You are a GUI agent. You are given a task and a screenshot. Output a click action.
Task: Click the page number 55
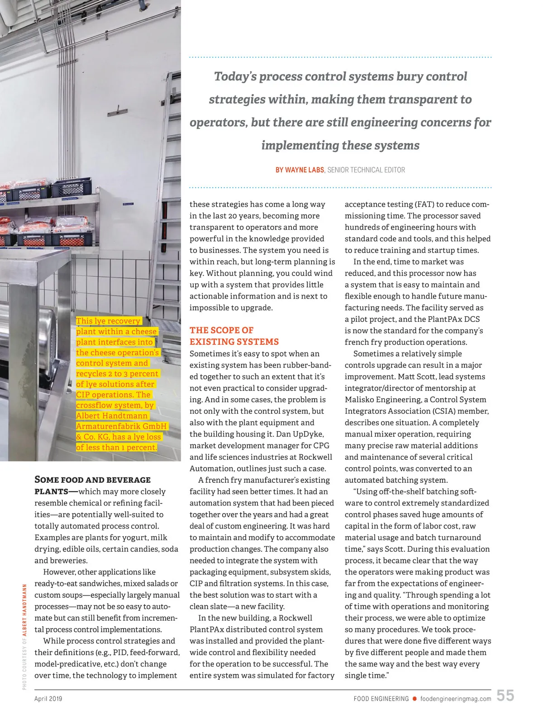[x=505, y=695]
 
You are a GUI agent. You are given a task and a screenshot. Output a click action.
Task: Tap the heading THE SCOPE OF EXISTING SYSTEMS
[x=234, y=336]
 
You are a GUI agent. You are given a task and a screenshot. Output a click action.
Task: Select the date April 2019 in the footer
[x=48, y=699]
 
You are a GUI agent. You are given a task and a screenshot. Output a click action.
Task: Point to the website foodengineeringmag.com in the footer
[x=456, y=699]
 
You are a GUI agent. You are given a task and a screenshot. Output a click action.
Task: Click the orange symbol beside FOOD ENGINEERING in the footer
[x=414, y=699]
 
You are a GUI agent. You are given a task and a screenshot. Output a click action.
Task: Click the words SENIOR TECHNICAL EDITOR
[x=366, y=170]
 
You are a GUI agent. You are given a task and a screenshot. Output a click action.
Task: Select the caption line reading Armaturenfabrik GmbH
[x=121, y=426]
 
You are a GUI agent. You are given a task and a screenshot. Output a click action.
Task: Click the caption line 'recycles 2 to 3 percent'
[x=117, y=374]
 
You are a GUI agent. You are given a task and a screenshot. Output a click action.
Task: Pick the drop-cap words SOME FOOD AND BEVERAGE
[x=92, y=480]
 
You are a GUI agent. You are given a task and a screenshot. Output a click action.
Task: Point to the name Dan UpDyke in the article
[x=300, y=434]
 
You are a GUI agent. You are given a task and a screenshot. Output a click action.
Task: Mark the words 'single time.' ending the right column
[x=367, y=676]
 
